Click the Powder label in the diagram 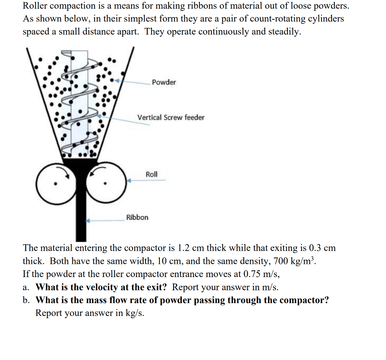pos(164,82)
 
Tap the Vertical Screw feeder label pos(171,117)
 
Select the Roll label pos(152,174)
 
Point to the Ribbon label pos(137,217)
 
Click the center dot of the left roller pos(55,184)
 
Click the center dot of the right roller pos(106,184)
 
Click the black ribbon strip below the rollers pos(81,219)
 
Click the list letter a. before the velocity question pos(26,287)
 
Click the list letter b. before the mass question pos(26,300)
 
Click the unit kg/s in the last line pos(135,313)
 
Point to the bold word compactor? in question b pos(304,300)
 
